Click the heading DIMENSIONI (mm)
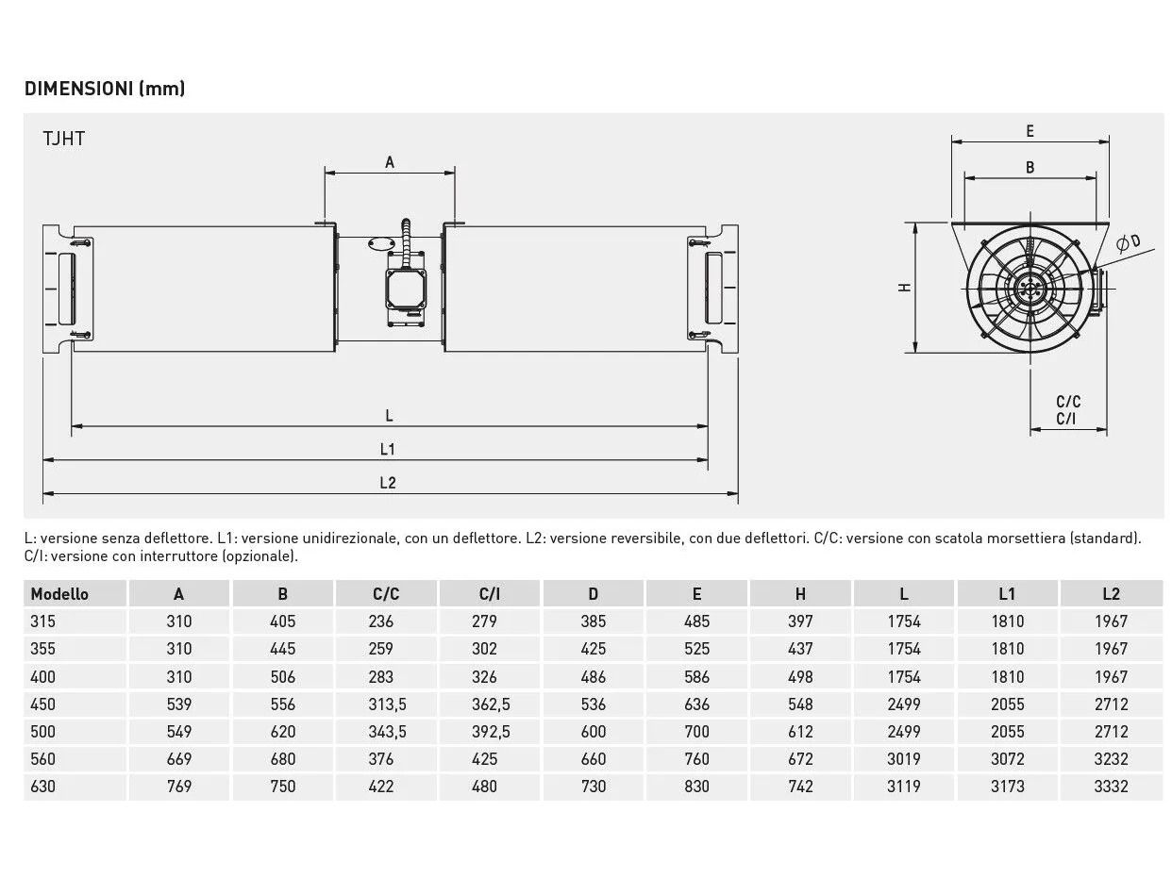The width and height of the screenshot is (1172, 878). pos(105,89)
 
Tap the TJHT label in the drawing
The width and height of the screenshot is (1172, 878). pos(63,139)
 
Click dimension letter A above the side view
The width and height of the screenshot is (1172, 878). pos(390,161)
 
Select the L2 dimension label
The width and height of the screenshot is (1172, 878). pos(388,483)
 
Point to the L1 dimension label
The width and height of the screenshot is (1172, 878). pos(388,449)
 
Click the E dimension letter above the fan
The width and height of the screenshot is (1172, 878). pos(1030,131)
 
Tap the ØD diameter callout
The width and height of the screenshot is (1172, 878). pos(1129,242)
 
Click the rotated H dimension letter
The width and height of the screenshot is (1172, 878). pos(904,288)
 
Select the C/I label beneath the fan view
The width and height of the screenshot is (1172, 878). pos(1065,419)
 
